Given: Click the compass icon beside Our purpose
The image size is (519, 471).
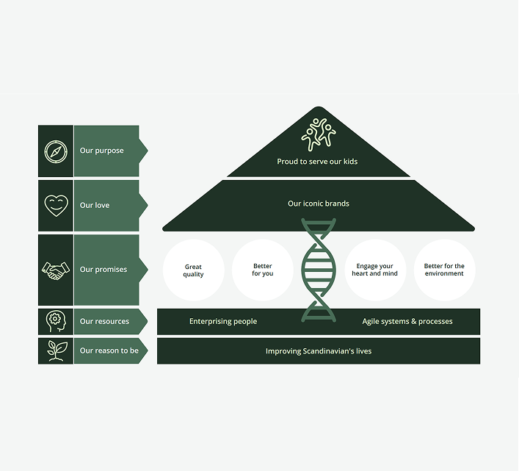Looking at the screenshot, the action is (x=56, y=151).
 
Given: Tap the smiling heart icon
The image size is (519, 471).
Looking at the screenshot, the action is (x=56, y=206).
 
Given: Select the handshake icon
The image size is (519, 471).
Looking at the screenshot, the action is (x=56, y=270).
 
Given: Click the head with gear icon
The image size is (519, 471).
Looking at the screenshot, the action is (x=56, y=322).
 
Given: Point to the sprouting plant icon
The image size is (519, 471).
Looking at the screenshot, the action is (x=56, y=350).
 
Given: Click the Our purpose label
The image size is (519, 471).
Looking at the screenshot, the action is (x=101, y=151).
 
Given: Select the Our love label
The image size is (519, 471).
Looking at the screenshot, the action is (x=95, y=206).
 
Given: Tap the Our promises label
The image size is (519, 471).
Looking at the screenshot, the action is (x=104, y=270).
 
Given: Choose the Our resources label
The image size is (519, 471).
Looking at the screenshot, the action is (x=104, y=322).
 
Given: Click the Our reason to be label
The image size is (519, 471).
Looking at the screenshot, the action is (x=109, y=351).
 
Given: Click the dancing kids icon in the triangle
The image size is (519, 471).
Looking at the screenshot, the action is (x=318, y=134).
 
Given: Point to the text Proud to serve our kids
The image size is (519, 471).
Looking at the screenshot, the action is (x=317, y=162).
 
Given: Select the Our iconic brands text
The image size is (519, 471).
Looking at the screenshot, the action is (x=319, y=204).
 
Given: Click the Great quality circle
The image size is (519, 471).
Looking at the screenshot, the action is (x=193, y=270).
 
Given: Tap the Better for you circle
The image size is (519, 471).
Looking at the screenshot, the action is (x=262, y=270).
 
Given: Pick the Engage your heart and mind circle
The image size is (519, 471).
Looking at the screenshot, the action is (x=374, y=270).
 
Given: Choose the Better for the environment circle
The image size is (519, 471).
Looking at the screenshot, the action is (x=444, y=270).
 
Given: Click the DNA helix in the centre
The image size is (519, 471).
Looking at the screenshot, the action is (x=318, y=270).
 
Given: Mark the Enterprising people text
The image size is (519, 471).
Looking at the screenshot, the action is (x=223, y=322).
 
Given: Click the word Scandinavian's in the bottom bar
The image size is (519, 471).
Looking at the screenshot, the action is (x=328, y=351).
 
